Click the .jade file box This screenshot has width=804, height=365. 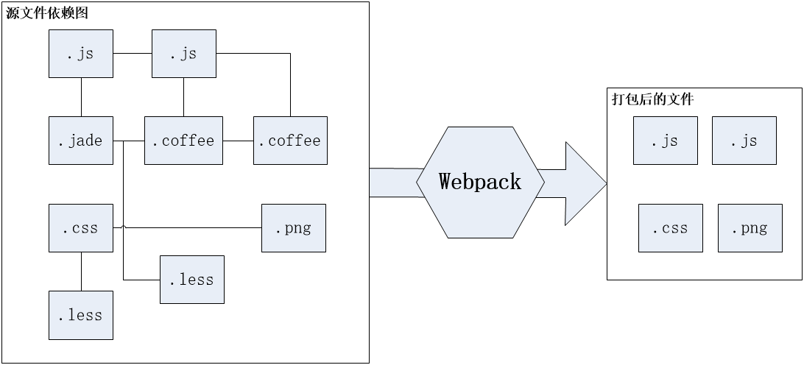coord(81,140)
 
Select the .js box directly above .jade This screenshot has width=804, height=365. coord(81,54)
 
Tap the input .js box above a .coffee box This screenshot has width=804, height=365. coord(184,54)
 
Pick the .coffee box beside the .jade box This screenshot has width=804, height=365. coord(183,140)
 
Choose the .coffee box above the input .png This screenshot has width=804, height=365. coord(290,140)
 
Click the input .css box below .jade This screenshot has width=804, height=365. coord(81,228)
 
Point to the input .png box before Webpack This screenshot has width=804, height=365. coord(293,228)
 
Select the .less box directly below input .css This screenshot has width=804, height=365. coord(81,315)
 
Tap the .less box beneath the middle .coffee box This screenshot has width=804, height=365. coord(192,280)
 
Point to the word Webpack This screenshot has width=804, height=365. coord(480,182)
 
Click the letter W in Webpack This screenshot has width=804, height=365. coord(445,182)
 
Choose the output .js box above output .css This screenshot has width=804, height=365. coord(666,141)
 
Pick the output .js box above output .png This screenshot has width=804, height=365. coord(744,141)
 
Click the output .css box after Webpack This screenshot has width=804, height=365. coord(671,228)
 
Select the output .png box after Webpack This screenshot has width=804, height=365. coord(750,228)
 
